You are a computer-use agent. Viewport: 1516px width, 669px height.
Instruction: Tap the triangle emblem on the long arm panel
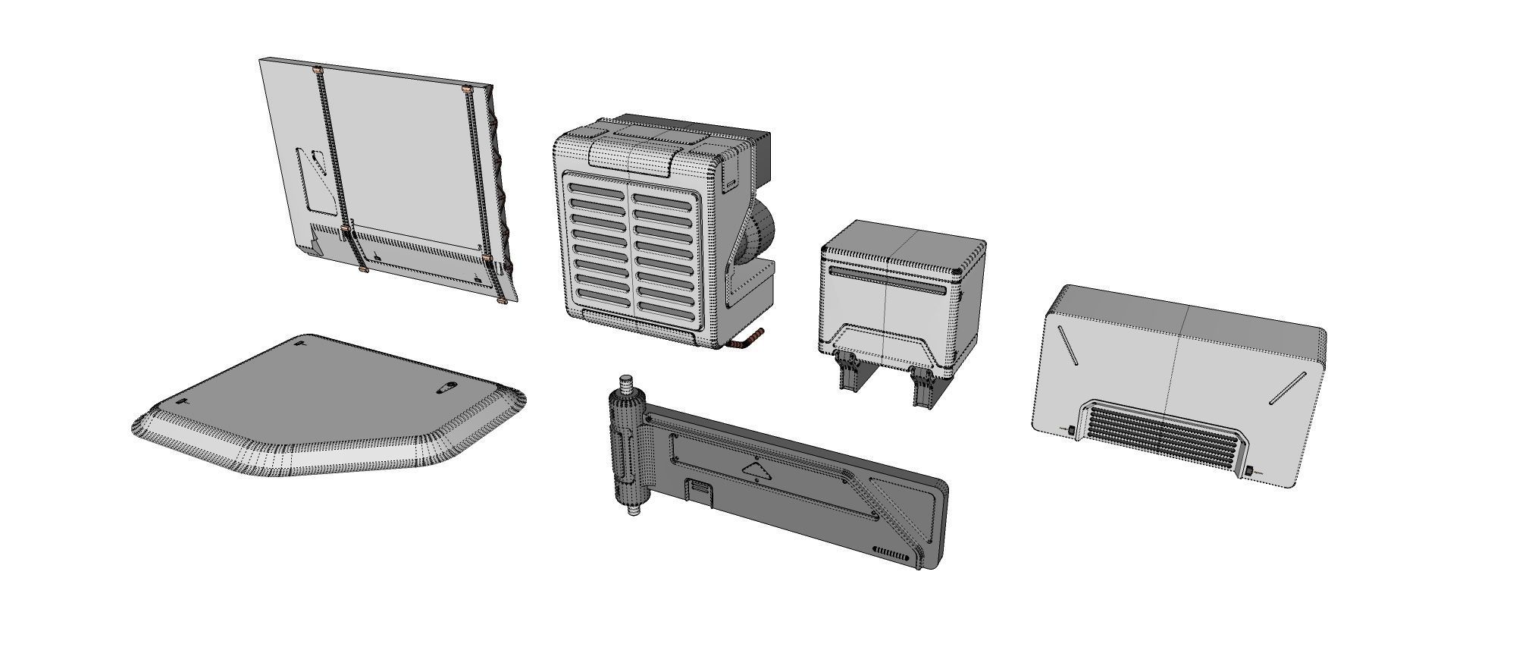pos(756,471)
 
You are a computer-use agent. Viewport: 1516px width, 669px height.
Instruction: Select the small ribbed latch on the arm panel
pos(700,490)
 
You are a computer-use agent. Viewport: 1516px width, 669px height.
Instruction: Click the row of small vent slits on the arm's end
pos(891,553)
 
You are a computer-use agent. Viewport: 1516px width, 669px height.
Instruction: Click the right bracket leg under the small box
pos(925,388)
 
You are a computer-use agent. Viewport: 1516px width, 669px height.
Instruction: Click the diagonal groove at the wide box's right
pos(1288,388)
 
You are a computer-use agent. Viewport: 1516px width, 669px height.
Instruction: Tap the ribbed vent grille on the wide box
pos(1164,433)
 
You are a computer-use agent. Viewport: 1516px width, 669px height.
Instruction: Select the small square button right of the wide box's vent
pos(1248,472)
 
